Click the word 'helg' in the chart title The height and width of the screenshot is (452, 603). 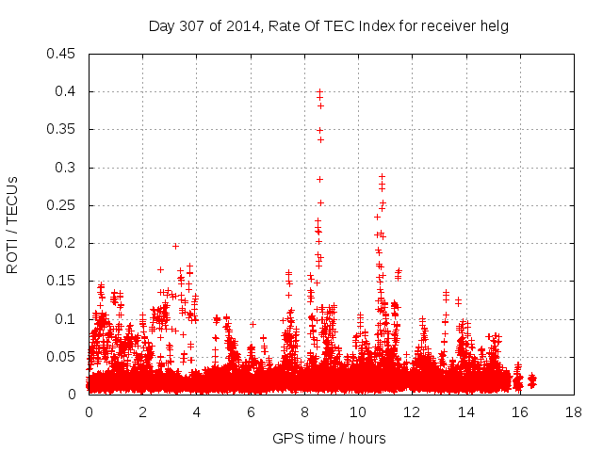496,26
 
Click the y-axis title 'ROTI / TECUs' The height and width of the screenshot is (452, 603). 12,224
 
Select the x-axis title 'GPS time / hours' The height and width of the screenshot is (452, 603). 329,438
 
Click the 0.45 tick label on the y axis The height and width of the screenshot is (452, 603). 62,54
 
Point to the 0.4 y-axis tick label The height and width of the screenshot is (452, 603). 67,91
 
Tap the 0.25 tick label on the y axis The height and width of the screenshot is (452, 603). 62,205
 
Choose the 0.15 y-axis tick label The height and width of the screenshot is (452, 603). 62,282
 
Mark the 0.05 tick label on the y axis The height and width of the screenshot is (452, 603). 62,357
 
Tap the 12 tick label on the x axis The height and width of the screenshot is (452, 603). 412,412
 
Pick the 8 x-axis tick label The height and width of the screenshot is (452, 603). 304,412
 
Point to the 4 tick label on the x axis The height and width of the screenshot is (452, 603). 196,412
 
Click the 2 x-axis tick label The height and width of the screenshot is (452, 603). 142,412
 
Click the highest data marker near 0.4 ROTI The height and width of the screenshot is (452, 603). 319,92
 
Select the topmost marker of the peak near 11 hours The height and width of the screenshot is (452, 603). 382,176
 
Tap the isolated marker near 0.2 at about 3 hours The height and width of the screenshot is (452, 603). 175,246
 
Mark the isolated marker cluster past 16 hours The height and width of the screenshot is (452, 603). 531,379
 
